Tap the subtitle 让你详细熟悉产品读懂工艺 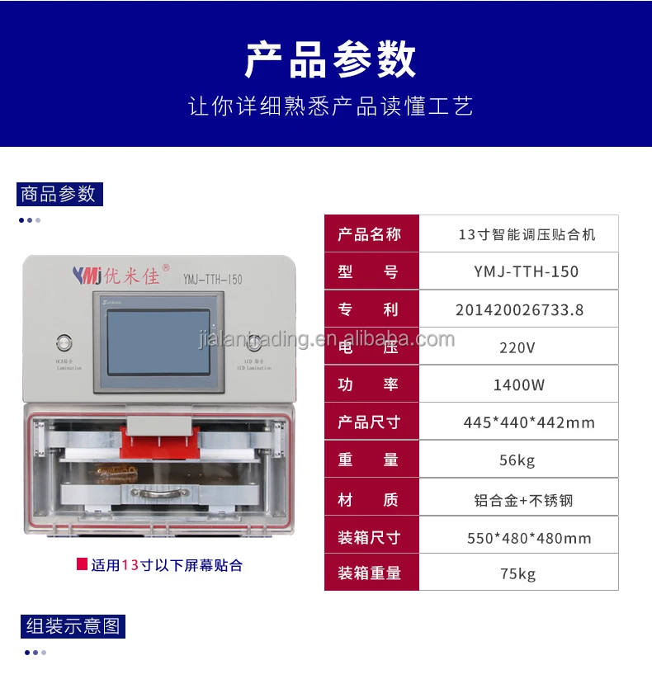[330, 107]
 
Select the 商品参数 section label [59, 194]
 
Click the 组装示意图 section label [73, 625]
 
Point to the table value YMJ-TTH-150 [527, 271]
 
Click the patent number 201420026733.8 [519, 309]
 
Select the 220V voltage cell [517, 347]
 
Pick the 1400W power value [518, 384]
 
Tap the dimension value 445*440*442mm [529, 422]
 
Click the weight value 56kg [517, 460]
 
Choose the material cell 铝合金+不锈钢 [523, 499]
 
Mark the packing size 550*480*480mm [529, 538]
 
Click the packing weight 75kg [517, 573]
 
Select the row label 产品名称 [369, 234]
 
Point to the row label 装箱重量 [369, 573]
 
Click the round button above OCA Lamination [64, 342]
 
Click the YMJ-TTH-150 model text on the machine [212, 280]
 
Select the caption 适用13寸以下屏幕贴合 [166, 566]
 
